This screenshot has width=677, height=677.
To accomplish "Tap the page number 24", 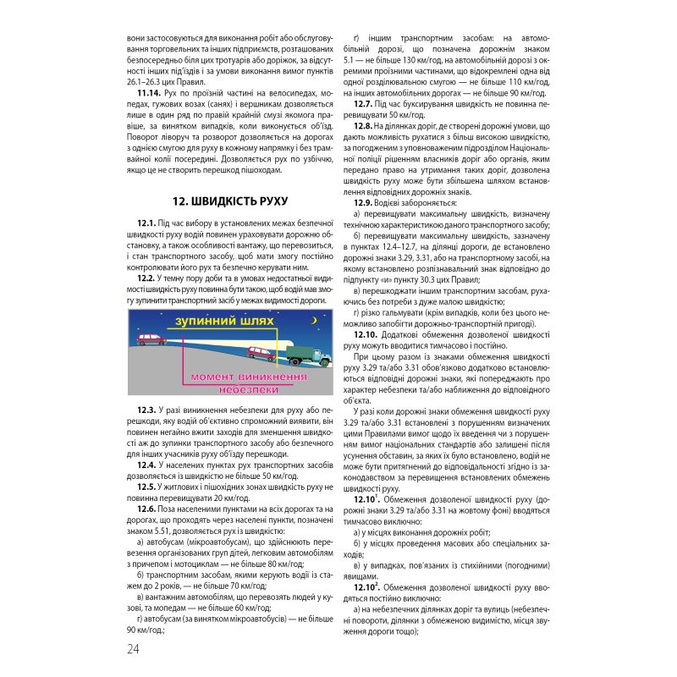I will (133, 648).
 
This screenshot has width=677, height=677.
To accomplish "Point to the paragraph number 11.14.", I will (151, 91).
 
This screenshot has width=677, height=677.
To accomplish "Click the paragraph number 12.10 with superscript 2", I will (366, 586).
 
